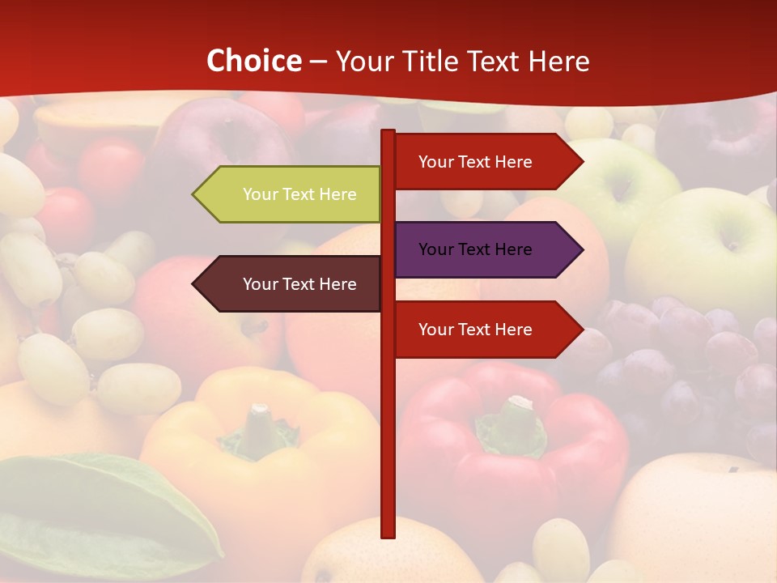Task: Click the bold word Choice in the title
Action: (x=253, y=61)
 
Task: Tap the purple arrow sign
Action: (x=486, y=249)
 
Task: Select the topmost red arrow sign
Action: (x=486, y=162)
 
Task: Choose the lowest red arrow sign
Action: (x=486, y=330)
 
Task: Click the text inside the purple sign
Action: (x=475, y=249)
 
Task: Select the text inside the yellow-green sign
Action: (x=299, y=194)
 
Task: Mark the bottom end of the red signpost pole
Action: (x=388, y=534)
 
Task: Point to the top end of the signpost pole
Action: (x=388, y=133)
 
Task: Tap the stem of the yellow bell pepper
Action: (x=259, y=429)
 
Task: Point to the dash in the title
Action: (x=318, y=62)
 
